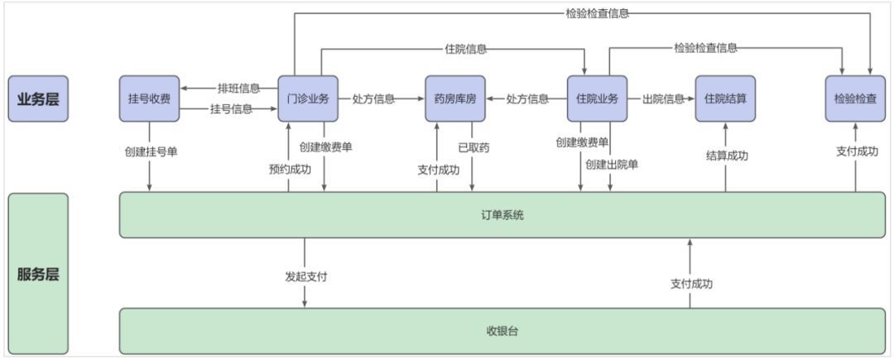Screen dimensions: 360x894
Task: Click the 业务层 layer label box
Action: (x=38, y=98)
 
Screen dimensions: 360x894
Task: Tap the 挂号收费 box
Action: (x=150, y=98)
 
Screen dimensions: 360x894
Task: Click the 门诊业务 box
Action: (x=303, y=98)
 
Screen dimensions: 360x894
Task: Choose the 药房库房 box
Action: (x=454, y=98)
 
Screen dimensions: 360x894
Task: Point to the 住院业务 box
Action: (x=597, y=98)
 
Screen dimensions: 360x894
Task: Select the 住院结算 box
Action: (x=726, y=98)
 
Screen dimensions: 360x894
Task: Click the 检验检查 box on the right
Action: (x=855, y=98)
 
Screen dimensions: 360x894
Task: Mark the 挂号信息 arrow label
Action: (x=232, y=108)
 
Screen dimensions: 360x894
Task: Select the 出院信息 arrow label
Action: (x=664, y=98)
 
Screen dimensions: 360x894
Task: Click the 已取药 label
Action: (x=473, y=148)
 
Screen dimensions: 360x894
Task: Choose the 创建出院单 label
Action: (x=612, y=164)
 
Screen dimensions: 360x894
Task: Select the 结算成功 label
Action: (x=727, y=155)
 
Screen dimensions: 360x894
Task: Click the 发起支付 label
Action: (x=305, y=276)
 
